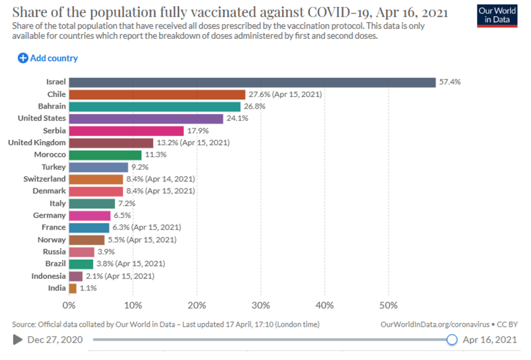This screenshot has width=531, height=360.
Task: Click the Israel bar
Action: click(x=252, y=82)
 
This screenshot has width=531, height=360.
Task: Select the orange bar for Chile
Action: click(x=157, y=95)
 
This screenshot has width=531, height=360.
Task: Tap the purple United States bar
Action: click(x=146, y=118)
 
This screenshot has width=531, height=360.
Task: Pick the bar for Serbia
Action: click(x=126, y=130)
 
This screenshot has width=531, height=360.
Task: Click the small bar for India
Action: click(x=73, y=288)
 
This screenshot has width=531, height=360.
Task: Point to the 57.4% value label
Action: click(x=450, y=82)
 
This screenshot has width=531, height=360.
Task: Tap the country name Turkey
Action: click(x=53, y=167)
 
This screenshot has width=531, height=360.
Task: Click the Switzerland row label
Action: click(x=45, y=179)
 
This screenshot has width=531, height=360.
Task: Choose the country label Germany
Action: click(x=49, y=215)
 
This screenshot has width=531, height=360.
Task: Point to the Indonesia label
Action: click(x=48, y=276)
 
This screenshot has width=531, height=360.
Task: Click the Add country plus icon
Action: click(x=23, y=58)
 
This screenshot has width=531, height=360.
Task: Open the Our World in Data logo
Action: click(x=498, y=16)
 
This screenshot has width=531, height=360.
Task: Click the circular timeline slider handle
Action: click(x=452, y=340)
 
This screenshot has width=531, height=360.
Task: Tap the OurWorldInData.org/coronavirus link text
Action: click(x=434, y=324)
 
